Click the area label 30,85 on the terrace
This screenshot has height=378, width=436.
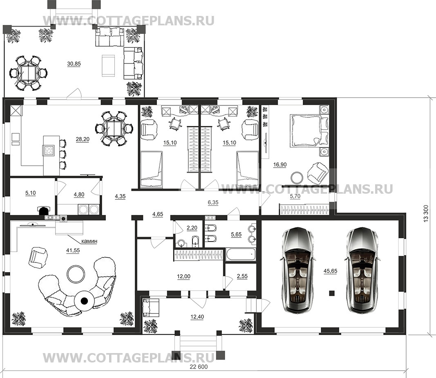(x=74, y=64)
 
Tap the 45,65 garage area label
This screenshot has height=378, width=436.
(x=330, y=271)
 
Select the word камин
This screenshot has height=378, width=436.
(x=89, y=241)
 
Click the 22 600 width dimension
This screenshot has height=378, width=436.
(x=199, y=367)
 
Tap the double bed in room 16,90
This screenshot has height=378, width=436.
(x=309, y=131)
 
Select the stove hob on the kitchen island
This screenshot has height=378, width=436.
(x=49, y=150)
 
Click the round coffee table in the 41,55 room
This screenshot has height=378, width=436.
(x=76, y=274)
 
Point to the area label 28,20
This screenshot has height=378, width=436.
(x=83, y=139)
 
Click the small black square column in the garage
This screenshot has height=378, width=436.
(x=331, y=293)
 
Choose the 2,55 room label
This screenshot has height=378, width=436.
(x=242, y=276)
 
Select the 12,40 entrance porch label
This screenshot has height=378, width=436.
(x=197, y=317)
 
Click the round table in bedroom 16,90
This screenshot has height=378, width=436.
(x=296, y=177)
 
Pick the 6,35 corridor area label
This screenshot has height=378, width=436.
(x=213, y=203)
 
